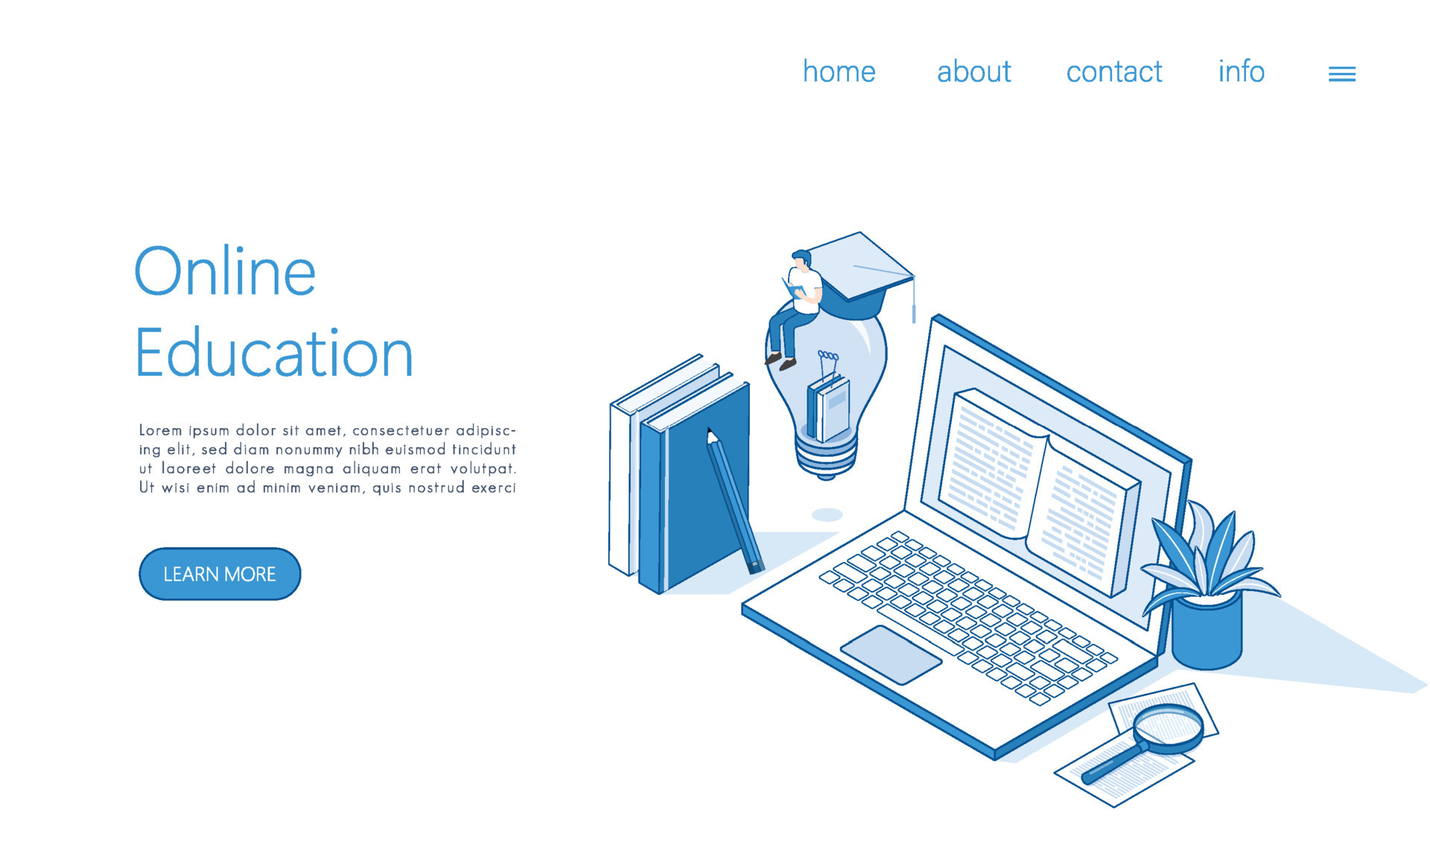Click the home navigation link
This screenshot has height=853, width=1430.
pos(839,72)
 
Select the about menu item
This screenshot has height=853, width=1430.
pos(973,72)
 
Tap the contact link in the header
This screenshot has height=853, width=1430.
pos(1113,72)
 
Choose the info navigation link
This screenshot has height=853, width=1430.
pos(1241,72)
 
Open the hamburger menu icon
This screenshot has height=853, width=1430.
pos(1341,74)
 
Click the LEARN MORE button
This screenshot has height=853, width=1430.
pos(220,574)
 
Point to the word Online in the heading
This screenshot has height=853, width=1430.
pos(225,272)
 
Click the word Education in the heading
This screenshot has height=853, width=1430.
pos(273,354)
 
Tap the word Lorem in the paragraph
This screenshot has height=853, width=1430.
pos(160,430)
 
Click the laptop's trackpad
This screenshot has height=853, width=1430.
pos(891,654)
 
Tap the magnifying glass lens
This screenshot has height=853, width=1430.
pos(1169,726)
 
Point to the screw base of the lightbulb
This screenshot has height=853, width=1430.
pos(826,456)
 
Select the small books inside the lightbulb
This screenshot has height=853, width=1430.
pos(829,408)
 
